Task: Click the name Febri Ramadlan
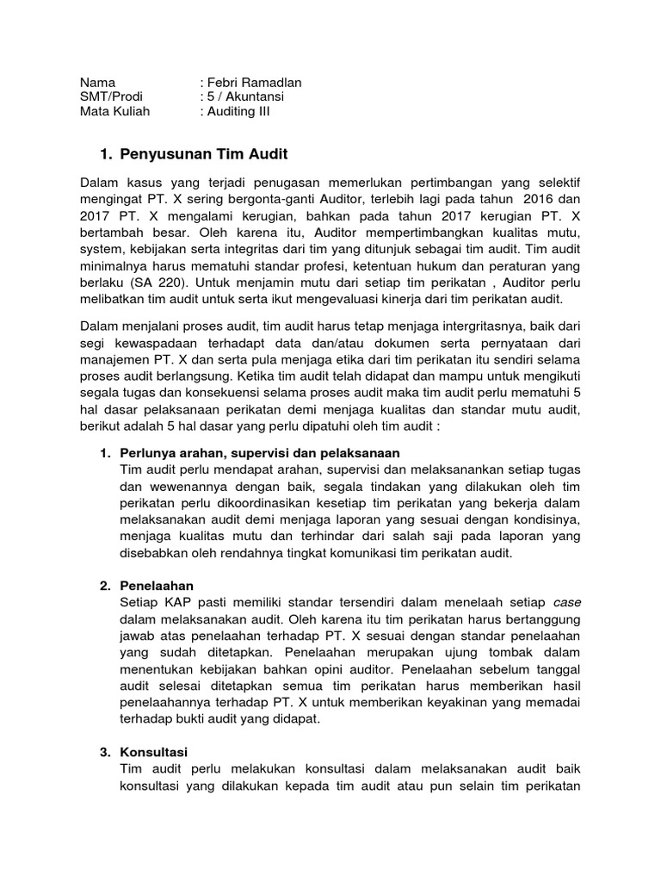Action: pos(254,83)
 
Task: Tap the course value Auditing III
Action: pos(238,112)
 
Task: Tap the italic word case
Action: pos(565,603)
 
